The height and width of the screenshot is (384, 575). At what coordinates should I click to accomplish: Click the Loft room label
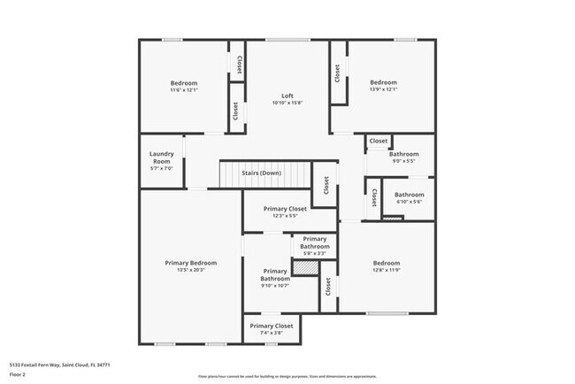[287, 96]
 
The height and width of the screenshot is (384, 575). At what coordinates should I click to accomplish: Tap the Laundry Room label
[160, 157]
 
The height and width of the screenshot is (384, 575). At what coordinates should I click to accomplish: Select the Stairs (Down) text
[262, 173]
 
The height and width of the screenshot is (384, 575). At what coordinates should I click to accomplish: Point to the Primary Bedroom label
[191, 263]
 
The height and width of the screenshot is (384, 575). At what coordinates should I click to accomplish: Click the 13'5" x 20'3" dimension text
[191, 271]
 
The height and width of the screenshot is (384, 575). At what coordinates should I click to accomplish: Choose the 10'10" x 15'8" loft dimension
[287, 103]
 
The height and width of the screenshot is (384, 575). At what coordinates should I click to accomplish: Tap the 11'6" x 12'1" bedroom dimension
[184, 89]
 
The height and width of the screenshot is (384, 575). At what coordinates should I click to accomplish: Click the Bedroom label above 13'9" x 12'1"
[383, 82]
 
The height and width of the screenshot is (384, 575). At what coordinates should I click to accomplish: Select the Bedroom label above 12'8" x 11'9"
[386, 263]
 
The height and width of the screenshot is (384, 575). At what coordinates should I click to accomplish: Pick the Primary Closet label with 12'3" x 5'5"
[273, 209]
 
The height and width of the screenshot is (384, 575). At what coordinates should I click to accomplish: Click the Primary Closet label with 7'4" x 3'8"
[272, 326]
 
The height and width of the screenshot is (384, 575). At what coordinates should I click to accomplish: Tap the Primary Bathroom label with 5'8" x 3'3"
[315, 242]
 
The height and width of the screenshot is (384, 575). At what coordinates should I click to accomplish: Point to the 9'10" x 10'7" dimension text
[274, 286]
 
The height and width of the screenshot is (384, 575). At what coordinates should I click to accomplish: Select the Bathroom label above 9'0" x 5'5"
[403, 154]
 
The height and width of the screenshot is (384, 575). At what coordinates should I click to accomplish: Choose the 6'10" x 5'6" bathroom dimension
[409, 202]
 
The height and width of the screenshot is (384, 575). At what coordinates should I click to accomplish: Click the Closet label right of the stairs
[326, 185]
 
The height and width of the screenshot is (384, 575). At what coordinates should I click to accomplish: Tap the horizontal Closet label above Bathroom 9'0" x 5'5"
[379, 141]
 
